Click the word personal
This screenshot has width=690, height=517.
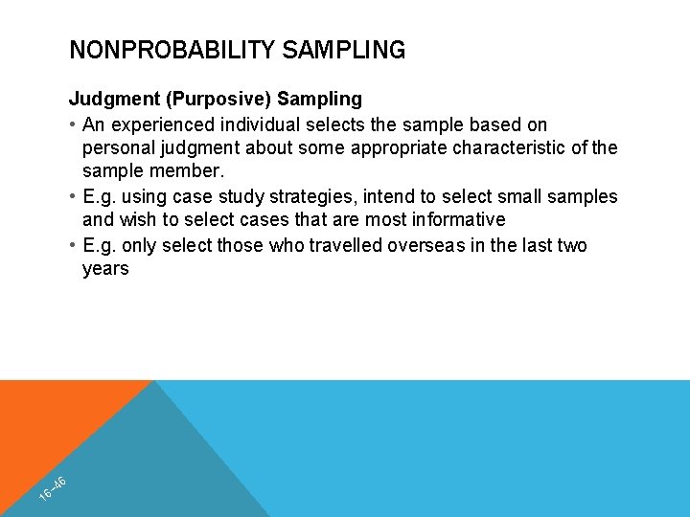[117, 148]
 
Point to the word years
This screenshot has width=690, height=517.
[105, 269]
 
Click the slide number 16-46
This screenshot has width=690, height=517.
[53, 488]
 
